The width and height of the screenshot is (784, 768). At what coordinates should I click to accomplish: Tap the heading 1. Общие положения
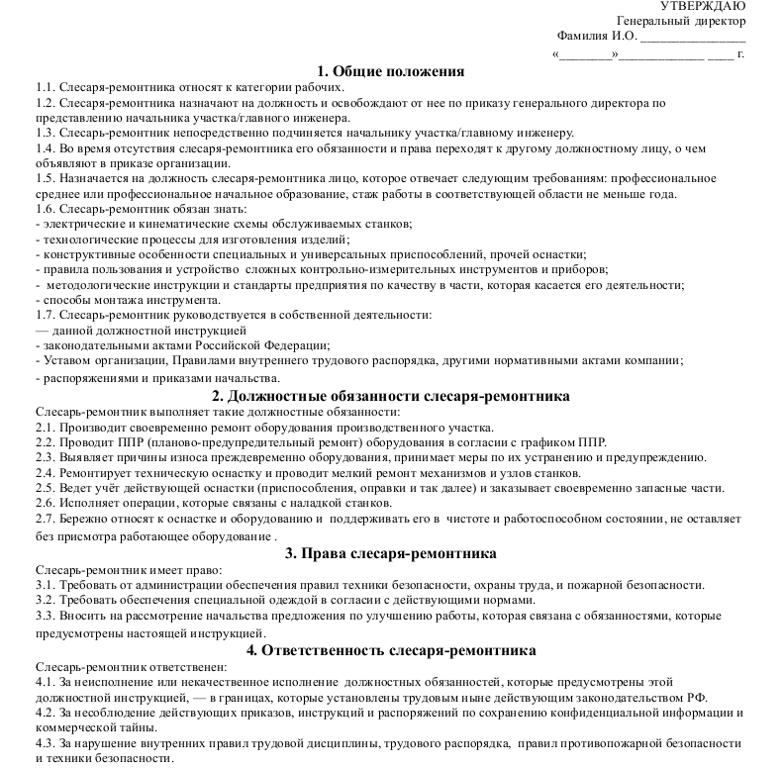tap(391, 71)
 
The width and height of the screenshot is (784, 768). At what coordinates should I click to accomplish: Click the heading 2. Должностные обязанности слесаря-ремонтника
tap(391, 396)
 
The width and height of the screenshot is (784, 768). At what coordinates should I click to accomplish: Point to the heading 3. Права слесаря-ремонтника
tap(391, 553)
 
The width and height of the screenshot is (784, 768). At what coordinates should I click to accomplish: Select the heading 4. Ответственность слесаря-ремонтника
tap(391, 650)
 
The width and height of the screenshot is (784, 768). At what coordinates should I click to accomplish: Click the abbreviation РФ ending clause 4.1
tap(698, 697)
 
